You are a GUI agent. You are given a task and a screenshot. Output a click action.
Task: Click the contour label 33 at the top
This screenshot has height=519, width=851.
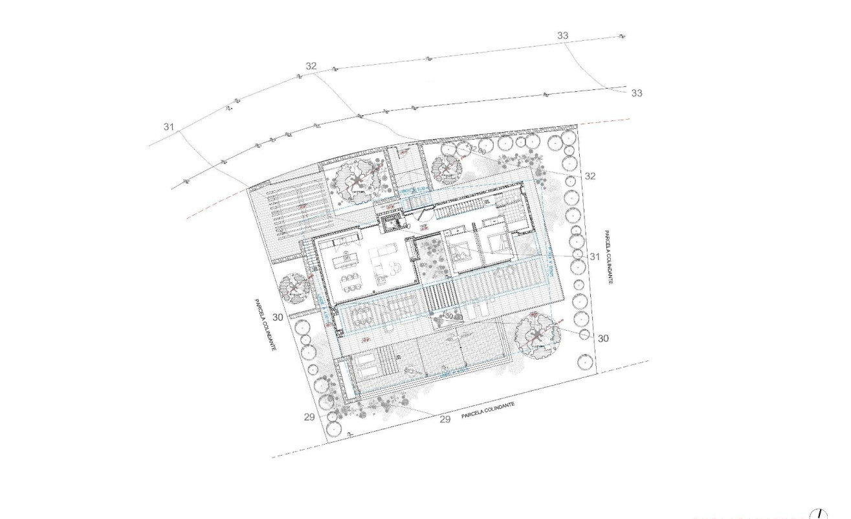563,36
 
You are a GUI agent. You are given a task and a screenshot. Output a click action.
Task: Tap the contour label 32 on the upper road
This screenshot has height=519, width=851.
311,66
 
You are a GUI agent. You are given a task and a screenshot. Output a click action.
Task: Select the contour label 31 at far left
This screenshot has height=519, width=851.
169,127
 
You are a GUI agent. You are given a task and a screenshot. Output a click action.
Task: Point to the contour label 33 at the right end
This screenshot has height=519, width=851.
636,93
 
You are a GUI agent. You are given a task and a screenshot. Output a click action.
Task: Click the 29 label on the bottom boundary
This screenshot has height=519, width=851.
445,419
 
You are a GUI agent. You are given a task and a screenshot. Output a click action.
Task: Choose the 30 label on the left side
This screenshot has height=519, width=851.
278,317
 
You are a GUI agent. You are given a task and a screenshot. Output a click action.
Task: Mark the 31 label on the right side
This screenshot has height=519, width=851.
595,257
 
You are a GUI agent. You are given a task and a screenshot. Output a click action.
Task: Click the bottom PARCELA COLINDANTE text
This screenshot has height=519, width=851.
488,410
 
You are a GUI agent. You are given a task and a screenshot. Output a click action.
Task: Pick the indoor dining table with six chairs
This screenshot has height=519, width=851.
352,282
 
